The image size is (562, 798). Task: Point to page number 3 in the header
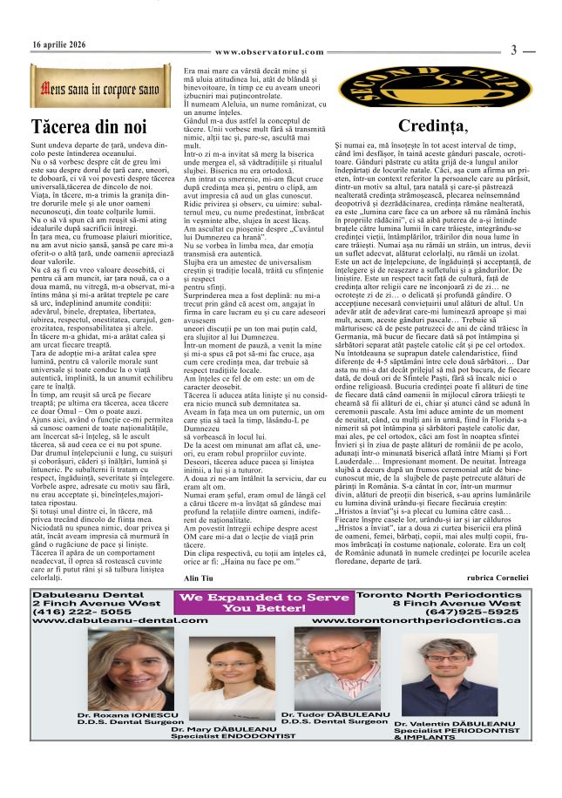pyautogui.click(x=514, y=51)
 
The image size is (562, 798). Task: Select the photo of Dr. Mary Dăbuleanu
pyautogui.click(x=221, y=688)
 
